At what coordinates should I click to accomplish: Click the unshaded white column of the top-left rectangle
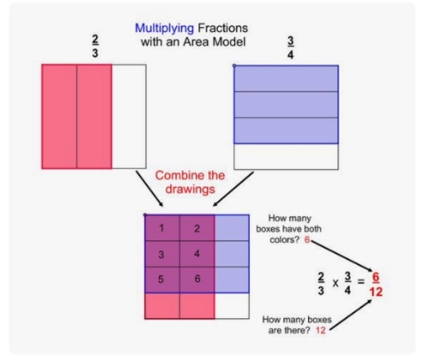tap(129, 116)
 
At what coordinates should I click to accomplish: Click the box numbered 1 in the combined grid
tap(162, 228)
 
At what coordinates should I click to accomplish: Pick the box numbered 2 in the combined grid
tap(197, 228)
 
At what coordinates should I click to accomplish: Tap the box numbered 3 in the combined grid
tap(162, 254)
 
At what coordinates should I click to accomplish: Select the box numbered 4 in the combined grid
tap(197, 253)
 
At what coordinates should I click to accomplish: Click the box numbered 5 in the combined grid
tap(162, 280)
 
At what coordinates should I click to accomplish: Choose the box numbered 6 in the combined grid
tap(197, 280)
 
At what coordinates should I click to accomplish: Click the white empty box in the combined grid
tap(231, 306)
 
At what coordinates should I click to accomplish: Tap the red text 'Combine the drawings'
tap(190, 182)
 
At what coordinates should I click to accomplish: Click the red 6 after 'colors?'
tap(307, 240)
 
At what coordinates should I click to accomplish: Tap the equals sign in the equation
tap(360, 282)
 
